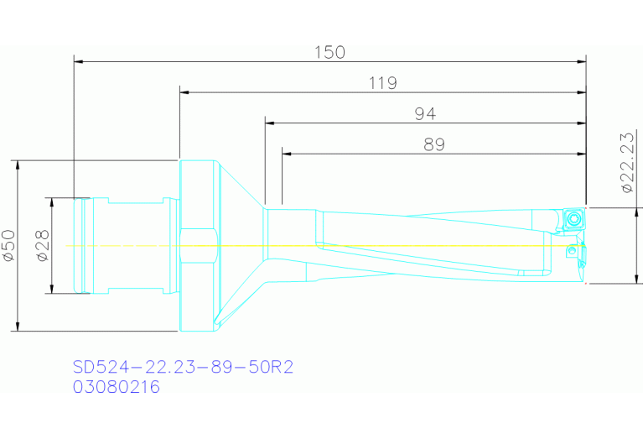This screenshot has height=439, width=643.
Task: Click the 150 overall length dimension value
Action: (329, 52)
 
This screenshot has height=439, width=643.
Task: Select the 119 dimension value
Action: (381, 83)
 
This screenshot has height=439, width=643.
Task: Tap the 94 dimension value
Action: (425, 114)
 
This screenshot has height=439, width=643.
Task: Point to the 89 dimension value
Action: (433, 145)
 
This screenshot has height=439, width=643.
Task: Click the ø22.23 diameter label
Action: (626, 163)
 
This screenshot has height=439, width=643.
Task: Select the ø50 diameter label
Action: (8, 246)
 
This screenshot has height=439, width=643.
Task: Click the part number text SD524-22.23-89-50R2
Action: (182, 367)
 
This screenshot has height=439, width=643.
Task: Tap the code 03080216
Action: (116, 387)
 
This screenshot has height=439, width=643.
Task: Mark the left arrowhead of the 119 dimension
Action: (184, 91)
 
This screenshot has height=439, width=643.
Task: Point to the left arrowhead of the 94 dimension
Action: (269, 123)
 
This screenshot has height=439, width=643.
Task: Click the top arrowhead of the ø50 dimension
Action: (18, 164)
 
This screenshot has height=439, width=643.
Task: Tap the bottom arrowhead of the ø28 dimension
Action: (52, 289)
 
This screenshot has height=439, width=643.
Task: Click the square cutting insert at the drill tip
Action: (574, 219)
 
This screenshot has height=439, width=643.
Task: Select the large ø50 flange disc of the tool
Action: (197, 245)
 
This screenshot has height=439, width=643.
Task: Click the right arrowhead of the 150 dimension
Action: (581, 60)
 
